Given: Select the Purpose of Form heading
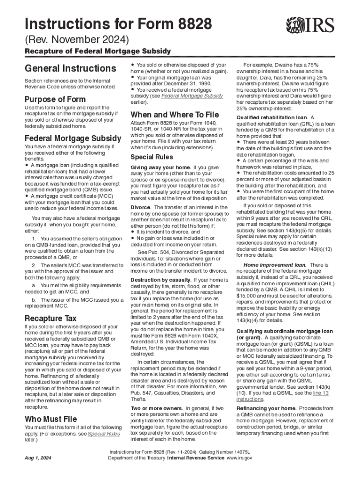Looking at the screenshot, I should pos(55,99).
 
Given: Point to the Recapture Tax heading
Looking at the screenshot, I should pos(50,319).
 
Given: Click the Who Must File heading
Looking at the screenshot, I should pos(50,419).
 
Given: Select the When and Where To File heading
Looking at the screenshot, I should pos(174,115).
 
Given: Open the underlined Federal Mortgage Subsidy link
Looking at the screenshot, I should pos(192,96).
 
